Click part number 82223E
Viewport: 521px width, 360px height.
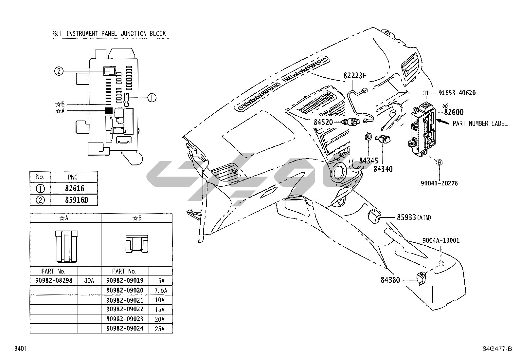(x=355, y=76)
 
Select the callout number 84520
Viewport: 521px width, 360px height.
(x=323, y=122)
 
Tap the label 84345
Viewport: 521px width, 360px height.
(x=368, y=161)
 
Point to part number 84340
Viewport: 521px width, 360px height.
(x=383, y=169)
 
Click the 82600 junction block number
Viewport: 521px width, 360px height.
(x=454, y=112)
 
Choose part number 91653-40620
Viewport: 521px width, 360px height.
(x=457, y=93)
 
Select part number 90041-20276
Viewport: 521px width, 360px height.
(x=439, y=183)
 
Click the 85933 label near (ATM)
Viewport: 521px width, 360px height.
(x=406, y=217)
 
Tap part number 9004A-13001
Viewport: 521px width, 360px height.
(x=441, y=240)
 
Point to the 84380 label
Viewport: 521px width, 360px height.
(x=390, y=280)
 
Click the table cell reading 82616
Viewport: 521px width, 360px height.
(x=74, y=188)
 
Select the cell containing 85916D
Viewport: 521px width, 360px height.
(x=76, y=200)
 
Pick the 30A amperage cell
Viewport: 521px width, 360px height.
(x=89, y=281)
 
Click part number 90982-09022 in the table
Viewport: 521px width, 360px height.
(x=125, y=309)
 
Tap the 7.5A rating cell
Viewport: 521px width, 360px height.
(x=160, y=291)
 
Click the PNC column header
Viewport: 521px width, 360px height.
(x=73, y=177)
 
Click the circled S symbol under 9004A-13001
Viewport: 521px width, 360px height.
(x=441, y=264)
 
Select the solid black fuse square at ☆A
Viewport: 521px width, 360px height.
(x=109, y=111)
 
